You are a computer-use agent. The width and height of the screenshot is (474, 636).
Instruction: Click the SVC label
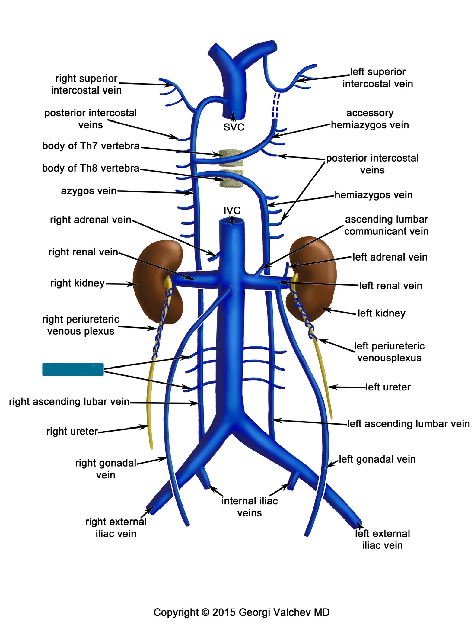point(234,127)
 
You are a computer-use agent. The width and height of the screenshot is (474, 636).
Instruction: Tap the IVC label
point(232,210)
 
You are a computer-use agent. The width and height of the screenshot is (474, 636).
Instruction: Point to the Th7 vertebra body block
point(231,158)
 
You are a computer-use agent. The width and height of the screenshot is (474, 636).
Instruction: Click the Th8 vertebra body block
point(231,179)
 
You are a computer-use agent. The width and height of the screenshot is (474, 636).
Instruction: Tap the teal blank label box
point(73,369)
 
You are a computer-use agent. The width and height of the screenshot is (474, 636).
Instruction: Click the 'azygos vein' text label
point(88,191)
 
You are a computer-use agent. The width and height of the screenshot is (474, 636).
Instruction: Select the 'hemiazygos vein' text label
point(374,195)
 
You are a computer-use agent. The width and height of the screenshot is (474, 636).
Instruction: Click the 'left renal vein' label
point(390,285)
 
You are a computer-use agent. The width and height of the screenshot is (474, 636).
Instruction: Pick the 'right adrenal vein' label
point(91,220)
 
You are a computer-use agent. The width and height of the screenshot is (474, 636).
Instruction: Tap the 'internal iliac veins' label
point(250,507)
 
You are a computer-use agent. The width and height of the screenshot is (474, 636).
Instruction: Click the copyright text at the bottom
point(241,612)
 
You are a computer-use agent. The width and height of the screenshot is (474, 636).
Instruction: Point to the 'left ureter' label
point(388,387)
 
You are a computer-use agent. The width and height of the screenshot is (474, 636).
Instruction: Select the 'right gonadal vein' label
point(106,469)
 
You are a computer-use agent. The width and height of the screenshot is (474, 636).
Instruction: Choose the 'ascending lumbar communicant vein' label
point(386,225)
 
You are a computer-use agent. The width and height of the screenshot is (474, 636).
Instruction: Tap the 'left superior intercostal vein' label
point(377,78)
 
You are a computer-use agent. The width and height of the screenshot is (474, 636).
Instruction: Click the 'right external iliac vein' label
point(116,528)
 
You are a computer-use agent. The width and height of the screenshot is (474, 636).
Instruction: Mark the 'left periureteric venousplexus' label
point(389,352)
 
